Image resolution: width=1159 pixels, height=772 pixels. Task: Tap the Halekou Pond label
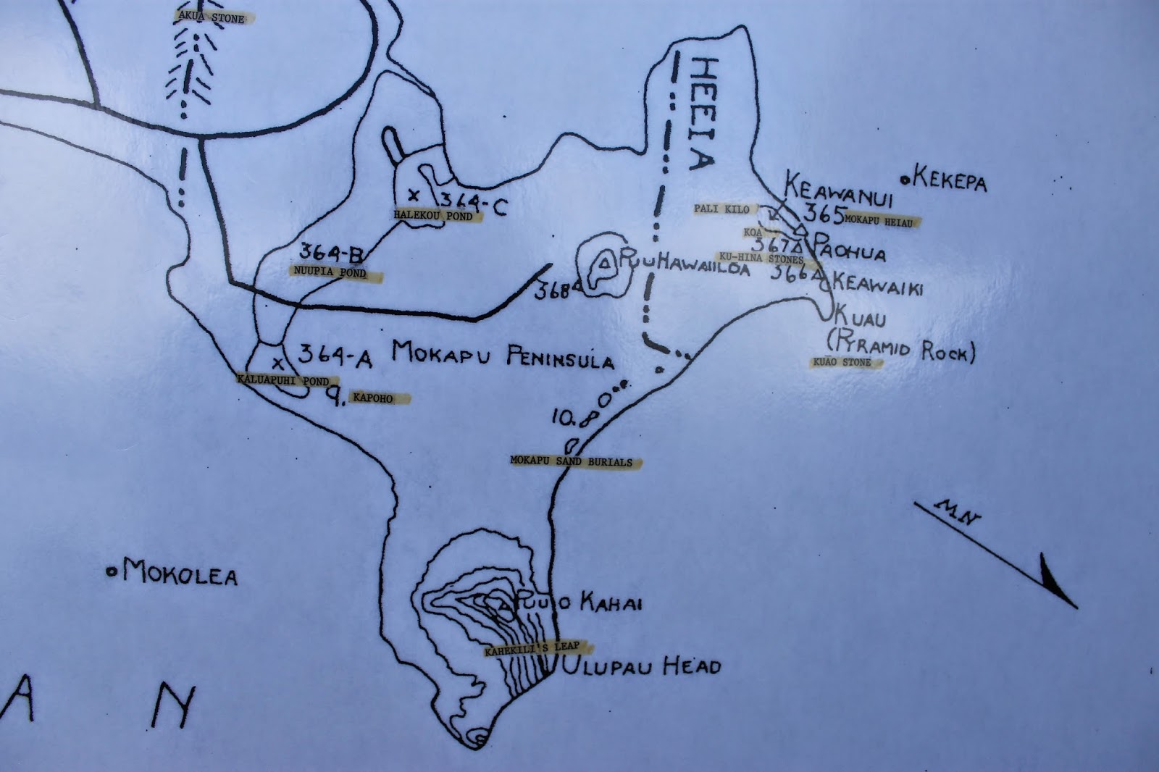click(x=433, y=215)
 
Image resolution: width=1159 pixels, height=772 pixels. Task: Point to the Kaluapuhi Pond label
click(x=284, y=379)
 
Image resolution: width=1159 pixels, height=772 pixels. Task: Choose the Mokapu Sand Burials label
click(x=572, y=461)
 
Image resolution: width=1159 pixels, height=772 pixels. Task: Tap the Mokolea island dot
click(x=112, y=572)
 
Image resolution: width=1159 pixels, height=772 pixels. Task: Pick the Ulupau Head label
click(x=642, y=666)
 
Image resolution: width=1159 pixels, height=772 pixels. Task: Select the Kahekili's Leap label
click(x=536, y=650)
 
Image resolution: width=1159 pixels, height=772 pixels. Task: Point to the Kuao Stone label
click(x=845, y=361)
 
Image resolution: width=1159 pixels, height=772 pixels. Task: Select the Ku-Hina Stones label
click(x=760, y=258)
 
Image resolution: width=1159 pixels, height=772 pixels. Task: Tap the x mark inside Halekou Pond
click(x=414, y=194)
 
